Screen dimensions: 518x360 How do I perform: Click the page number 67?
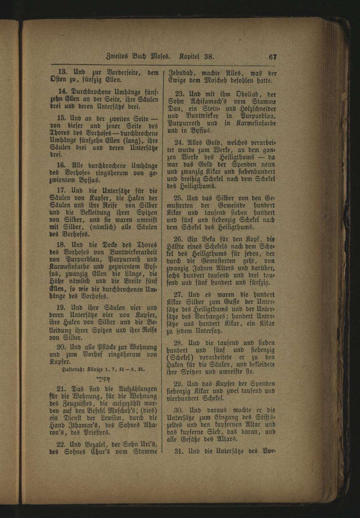pos(272,57)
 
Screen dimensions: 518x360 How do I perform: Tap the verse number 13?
pos(63,72)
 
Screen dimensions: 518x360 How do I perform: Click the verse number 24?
pos(179,142)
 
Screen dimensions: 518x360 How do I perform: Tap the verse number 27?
pos(179,294)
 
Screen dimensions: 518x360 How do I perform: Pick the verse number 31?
pos(179,451)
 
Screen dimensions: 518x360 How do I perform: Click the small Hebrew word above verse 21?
pos(103,379)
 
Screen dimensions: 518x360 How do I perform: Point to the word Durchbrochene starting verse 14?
pos(94,91)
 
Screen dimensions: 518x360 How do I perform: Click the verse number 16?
pos(61,166)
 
